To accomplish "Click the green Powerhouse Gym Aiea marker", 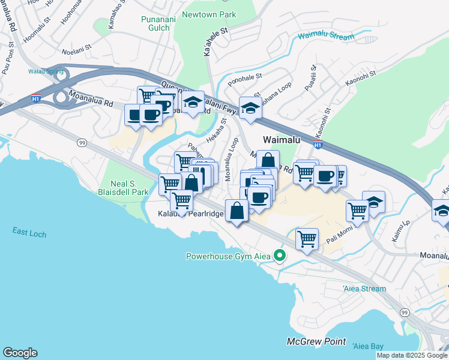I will [279, 256].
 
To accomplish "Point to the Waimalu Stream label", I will [326, 37].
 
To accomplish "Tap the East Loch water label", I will [29, 232].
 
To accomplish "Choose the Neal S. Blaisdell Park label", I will [121, 188].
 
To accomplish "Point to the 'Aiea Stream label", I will [364, 289].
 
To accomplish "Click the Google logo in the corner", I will [20, 353].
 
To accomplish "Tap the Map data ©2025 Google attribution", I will [412, 355].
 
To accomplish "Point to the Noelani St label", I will [76, 44].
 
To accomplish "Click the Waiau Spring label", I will [41, 71].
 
